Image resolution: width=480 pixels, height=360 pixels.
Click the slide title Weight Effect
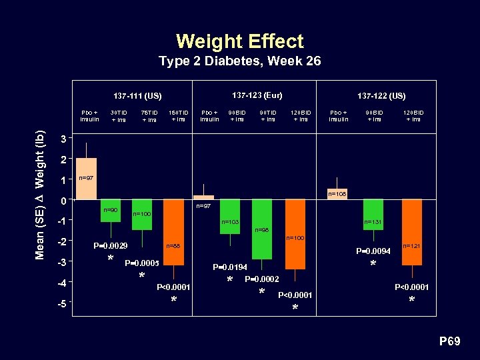pos(240,41)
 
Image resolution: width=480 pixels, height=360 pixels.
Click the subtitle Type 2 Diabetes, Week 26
pos(240,61)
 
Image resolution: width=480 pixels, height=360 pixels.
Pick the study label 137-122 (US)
pos(381,96)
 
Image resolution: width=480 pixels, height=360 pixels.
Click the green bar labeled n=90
pos(111,210)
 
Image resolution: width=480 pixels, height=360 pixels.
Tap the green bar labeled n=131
pos(373,213)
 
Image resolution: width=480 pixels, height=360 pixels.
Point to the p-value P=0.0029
pos(110,246)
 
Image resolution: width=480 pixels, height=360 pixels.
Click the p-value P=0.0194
pos(230,267)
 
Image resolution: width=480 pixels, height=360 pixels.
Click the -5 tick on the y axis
pos(61,305)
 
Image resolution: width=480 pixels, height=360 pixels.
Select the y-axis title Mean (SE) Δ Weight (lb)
pos(40,195)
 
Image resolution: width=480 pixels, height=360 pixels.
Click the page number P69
pos(449,341)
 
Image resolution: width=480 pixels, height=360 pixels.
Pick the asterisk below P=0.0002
pos(261,292)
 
